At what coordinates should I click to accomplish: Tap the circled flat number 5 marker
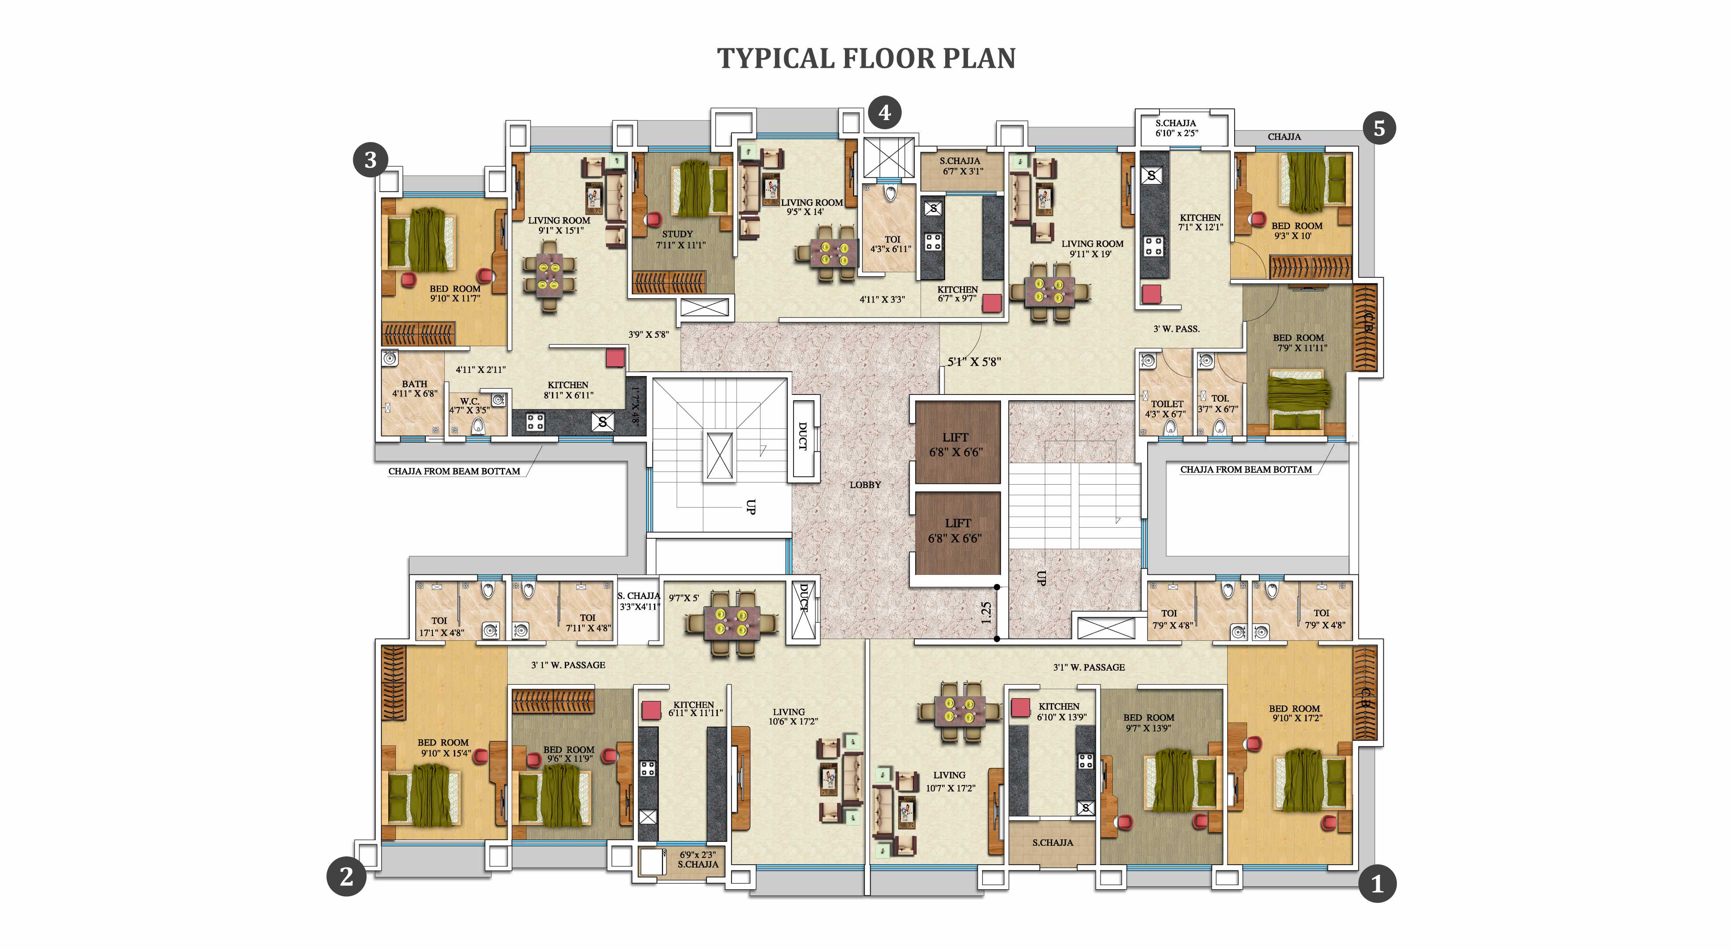(x=1379, y=128)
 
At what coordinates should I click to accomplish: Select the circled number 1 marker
(x=1377, y=884)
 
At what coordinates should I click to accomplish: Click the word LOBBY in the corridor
(x=864, y=484)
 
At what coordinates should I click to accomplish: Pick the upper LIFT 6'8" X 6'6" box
(x=956, y=444)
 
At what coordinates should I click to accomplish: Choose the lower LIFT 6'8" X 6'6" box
(x=956, y=530)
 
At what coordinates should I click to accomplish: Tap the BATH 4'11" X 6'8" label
(x=414, y=388)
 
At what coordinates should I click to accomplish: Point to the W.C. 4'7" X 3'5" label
(x=470, y=405)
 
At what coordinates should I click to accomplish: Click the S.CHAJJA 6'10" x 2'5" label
(x=1176, y=128)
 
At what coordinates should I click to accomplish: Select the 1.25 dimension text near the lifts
(x=986, y=612)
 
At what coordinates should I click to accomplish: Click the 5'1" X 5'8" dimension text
(x=974, y=361)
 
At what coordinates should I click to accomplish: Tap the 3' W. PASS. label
(x=1177, y=329)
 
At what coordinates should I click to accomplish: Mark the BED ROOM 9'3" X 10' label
(x=1296, y=231)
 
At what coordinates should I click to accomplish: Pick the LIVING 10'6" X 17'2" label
(x=792, y=716)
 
